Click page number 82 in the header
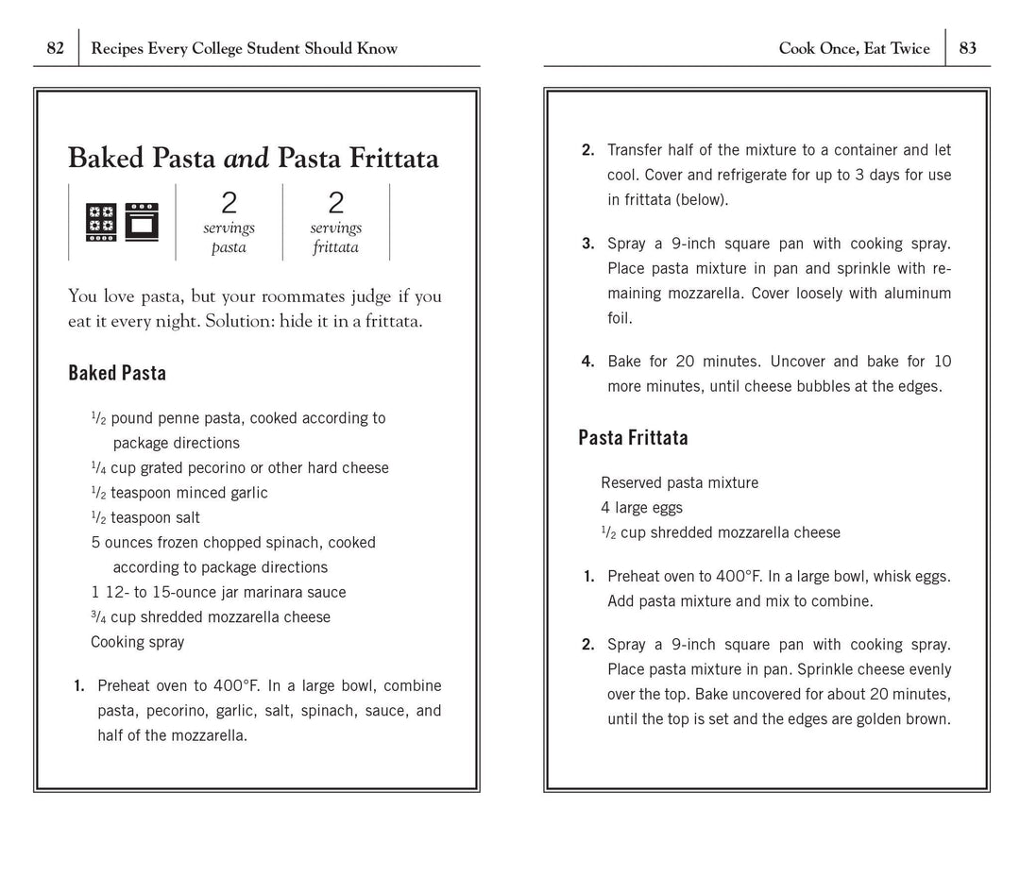coord(55,48)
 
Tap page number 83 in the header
coord(968,48)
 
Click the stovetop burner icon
coord(101,223)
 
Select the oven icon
coord(142,223)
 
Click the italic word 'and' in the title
coord(246,158)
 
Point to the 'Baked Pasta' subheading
coord(117,373)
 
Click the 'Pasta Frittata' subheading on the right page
coord(633,437)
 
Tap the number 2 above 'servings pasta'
coord(229,203)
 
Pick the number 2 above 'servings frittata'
coord(336,203)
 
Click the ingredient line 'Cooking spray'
coord(138,642)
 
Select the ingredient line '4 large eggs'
coord(641,508)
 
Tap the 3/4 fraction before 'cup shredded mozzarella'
coord(98,617)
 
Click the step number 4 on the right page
coord(587,362)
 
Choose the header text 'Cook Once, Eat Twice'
coord(854,48)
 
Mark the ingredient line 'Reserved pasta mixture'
coord(679,483)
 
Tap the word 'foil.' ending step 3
coord(620,318)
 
